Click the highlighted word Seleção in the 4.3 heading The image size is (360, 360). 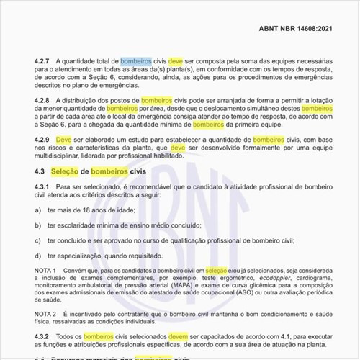tap(68, 172)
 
